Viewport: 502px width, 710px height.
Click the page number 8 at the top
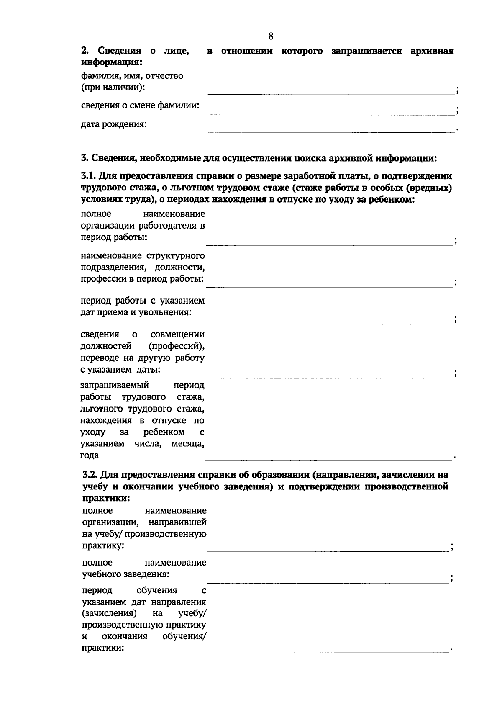click(x=271, y=36)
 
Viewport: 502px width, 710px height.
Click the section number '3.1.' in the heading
click(x=89, y=176)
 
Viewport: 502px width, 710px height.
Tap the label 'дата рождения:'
click(x=114, y=124)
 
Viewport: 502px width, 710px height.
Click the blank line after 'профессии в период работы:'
click(x=329, y=287)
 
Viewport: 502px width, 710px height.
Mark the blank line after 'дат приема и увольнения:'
click(x=329, y=324)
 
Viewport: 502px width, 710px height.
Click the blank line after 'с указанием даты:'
click(x=329, y=378)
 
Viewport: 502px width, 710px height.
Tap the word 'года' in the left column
click(x=90, y=455)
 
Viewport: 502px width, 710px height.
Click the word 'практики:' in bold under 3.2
click(x=106, y=499)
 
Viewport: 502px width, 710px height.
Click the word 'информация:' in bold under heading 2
click(x=111, y=62)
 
